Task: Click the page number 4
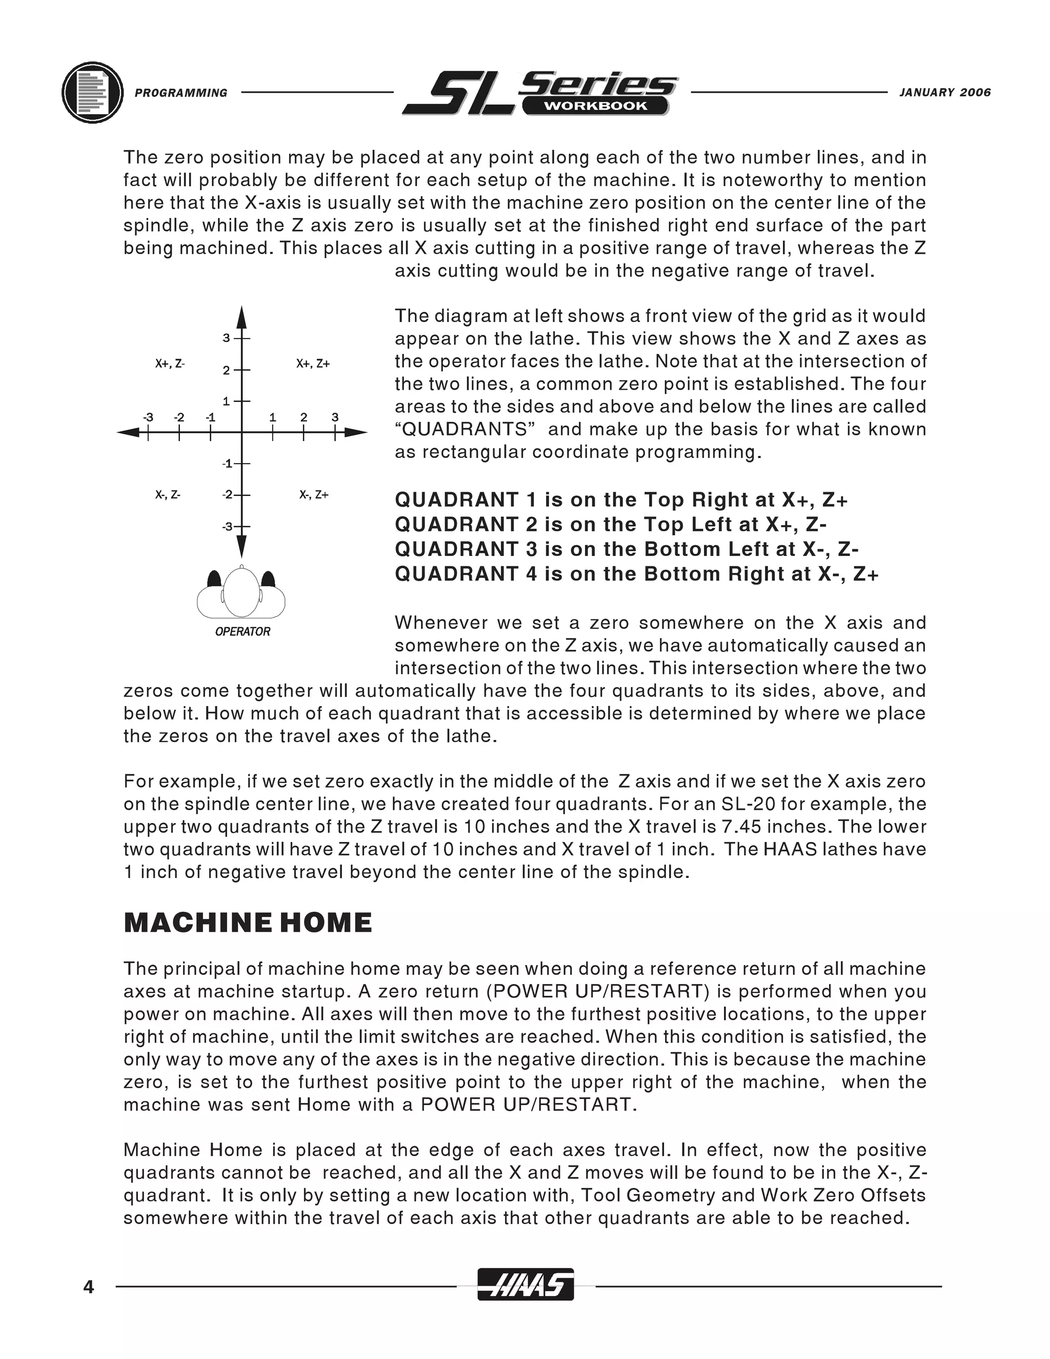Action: [x=88, y=1286]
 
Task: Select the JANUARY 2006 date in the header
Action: [x=945, y=93]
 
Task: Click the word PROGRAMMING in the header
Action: [x=181, y=93]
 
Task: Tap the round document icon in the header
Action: [x=93, y=93]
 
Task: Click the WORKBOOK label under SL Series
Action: [x=595, y=106]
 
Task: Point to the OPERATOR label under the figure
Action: [x=243, y=632]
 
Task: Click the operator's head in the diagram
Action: [x=241, y=592]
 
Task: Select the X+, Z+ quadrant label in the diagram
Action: [x=313, y=364]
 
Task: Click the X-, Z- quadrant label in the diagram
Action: [x=168, y=495]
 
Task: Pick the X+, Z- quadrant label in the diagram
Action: [x=170, y=364]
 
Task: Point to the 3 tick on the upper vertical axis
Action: [x=227, y=338]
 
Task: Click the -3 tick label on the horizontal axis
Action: [x=148, y=417]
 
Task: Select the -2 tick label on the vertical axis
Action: [x=227, y=495]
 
